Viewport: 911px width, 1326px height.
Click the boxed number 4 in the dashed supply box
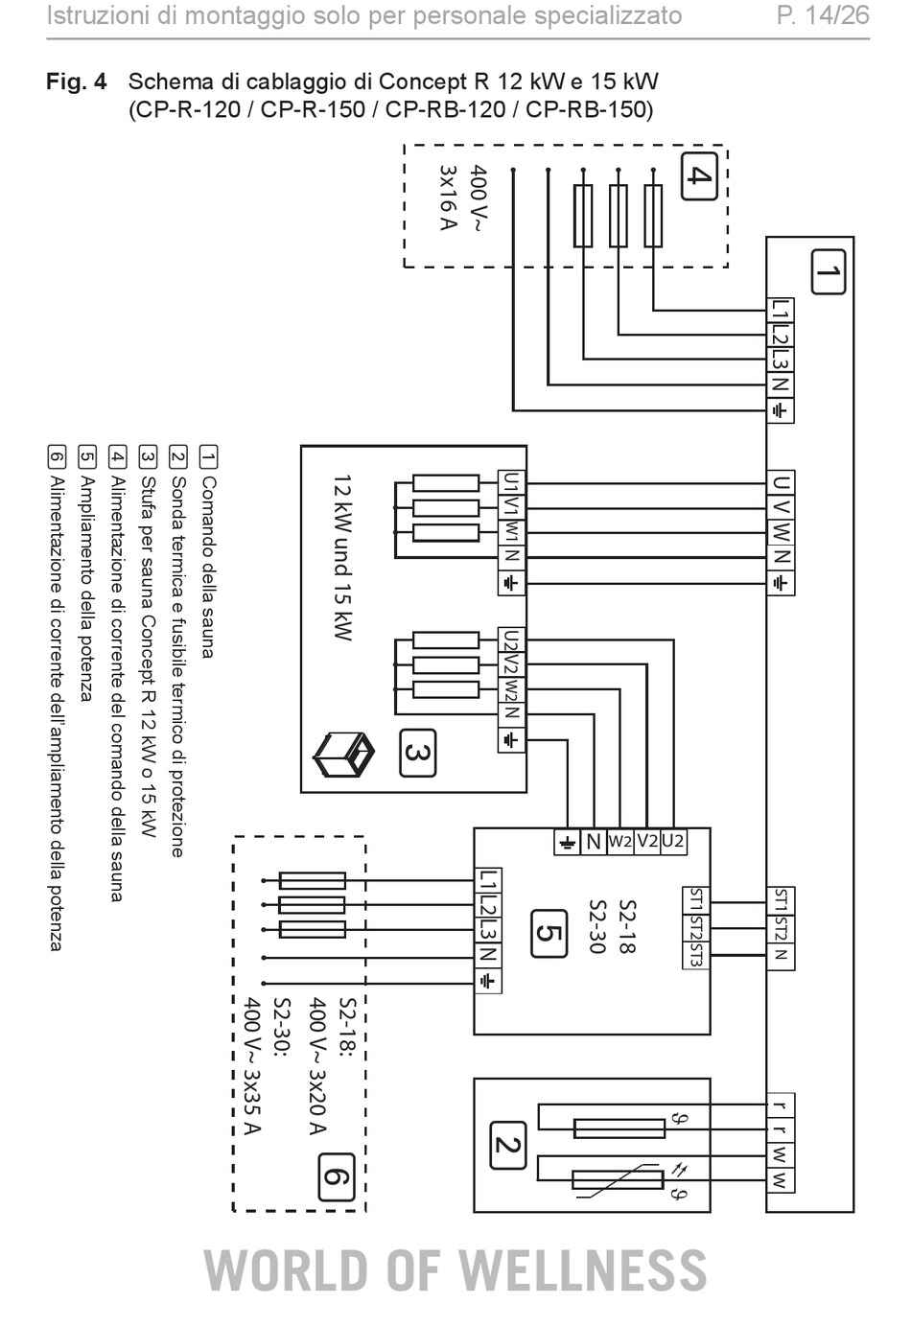click(x=699, y=175)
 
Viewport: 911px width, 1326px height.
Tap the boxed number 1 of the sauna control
click(x=828, y=271)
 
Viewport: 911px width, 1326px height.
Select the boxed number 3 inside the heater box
click(x=418, y=753)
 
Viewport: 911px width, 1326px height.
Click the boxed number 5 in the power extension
click(x=549, y=934)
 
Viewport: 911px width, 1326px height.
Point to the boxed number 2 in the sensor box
click(x=508, y=1146)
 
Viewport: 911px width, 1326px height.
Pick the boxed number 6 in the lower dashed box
click(x=337, y=1177)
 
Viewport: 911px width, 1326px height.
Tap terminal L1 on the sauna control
click(x=781, y=311)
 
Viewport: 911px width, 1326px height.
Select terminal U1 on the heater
click(x=511, y=483)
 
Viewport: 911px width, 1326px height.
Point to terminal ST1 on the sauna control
click(x=781, y=900)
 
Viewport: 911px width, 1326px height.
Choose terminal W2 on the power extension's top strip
click(x=619, y=842)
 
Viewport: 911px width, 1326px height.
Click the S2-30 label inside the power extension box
click(x=597, y=927)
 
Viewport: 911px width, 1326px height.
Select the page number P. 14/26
click(x=823, y=16)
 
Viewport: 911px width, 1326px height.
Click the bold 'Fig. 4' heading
click(x=77, y=81)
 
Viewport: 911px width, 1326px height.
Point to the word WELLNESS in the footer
click(x=583, y=1271)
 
